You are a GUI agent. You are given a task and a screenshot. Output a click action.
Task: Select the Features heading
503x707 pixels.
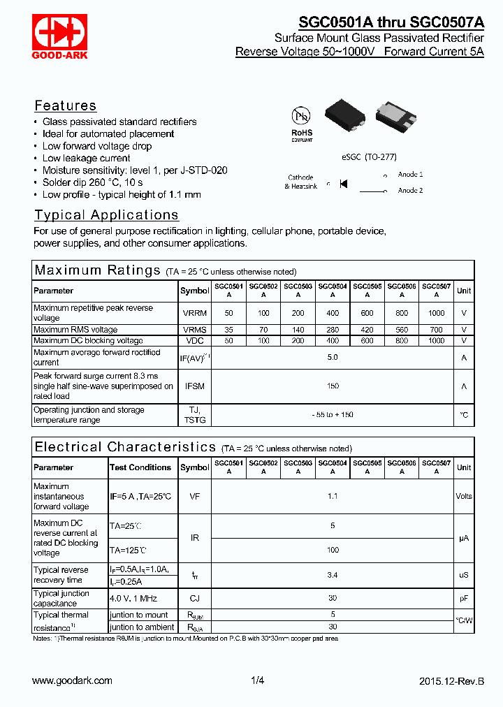pos(66,105)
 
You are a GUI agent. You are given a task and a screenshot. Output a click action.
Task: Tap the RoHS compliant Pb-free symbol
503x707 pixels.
pos(302,122)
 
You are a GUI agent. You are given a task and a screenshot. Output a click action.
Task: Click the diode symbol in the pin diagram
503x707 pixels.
pos(343,184)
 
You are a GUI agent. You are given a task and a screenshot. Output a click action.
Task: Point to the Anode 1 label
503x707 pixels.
pos(410,174)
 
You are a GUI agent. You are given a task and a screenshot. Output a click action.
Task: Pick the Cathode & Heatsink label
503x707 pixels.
pos(301,182)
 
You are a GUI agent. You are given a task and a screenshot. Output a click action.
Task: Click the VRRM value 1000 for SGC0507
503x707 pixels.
pos(437,313)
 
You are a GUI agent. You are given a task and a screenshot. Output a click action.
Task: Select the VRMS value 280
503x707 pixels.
pos(333,330)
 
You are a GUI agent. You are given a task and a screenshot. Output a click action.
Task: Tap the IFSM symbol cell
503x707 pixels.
pos(194,386)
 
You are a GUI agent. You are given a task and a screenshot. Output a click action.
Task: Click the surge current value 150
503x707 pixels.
pos(333,386)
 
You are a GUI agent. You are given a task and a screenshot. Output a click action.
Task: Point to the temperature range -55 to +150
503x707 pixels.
pos(333,415)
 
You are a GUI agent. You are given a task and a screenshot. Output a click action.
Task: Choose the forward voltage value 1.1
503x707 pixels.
pos(333,496)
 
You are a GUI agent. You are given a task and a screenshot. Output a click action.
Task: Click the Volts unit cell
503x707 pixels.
pos(464,496)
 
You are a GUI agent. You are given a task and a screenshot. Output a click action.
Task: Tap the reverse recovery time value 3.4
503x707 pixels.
pos(333,575)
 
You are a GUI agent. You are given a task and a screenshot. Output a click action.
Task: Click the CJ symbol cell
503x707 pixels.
pos(194,598)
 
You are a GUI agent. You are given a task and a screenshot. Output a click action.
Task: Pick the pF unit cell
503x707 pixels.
pos(464,598)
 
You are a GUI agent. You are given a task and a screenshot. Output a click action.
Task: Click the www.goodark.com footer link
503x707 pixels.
pos(72,680)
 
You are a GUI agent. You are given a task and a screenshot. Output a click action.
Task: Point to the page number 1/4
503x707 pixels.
pos(257,680)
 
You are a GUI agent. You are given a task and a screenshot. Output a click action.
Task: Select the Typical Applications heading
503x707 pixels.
pos(106,215)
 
